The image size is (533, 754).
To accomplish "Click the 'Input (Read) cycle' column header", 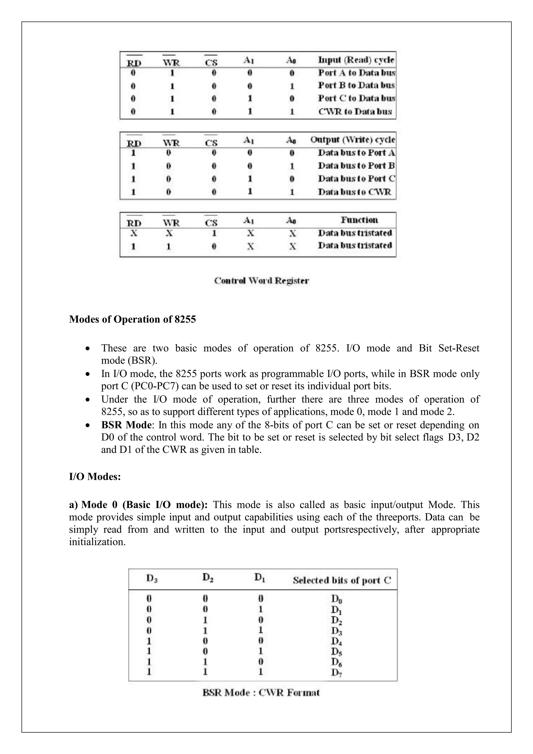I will [356, 60].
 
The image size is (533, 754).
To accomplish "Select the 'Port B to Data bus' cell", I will [356, 85].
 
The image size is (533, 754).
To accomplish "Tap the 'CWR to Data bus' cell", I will [355, 112].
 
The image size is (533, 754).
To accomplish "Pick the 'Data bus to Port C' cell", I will [356, 179].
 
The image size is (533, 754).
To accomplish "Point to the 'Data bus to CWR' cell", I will [354, 192].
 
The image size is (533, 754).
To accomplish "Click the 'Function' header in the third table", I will [359, 220].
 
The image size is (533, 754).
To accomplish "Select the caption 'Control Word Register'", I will [261, 281].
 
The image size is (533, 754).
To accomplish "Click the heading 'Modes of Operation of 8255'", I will [132, 319].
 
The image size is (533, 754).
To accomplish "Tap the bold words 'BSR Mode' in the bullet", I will [126, 425].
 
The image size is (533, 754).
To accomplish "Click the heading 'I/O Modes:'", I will [95, 476].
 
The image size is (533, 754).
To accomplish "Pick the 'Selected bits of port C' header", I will [342, 581].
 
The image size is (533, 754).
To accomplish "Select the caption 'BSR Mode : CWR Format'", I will [261, 693].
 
